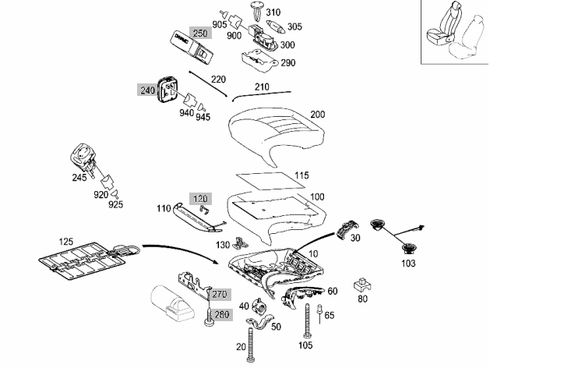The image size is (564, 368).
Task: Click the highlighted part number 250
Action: click(x=200, y=33)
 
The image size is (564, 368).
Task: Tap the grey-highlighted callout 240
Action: click(x=147, y=90)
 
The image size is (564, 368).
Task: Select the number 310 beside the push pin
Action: click(x=273, y=12)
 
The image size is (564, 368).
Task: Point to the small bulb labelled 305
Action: click(x=276, y=26)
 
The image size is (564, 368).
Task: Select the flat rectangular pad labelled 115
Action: click(x=270, y=181)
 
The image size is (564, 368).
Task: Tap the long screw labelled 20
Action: click(x=251, y=344)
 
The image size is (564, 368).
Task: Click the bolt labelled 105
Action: click(x=307, y=321)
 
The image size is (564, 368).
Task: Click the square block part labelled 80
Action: click(x=362, y=285)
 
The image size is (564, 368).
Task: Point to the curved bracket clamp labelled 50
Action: click(x=260, y=321)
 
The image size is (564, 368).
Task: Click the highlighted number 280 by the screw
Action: click(x=221, y=315)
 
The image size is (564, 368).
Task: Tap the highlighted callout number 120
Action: click(x=200, y=199)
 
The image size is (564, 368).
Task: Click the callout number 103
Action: click(x=408, y=264)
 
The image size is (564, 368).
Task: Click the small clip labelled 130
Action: click(x=240, y=243)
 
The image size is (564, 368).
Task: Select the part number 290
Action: click(x=288, y=62)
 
